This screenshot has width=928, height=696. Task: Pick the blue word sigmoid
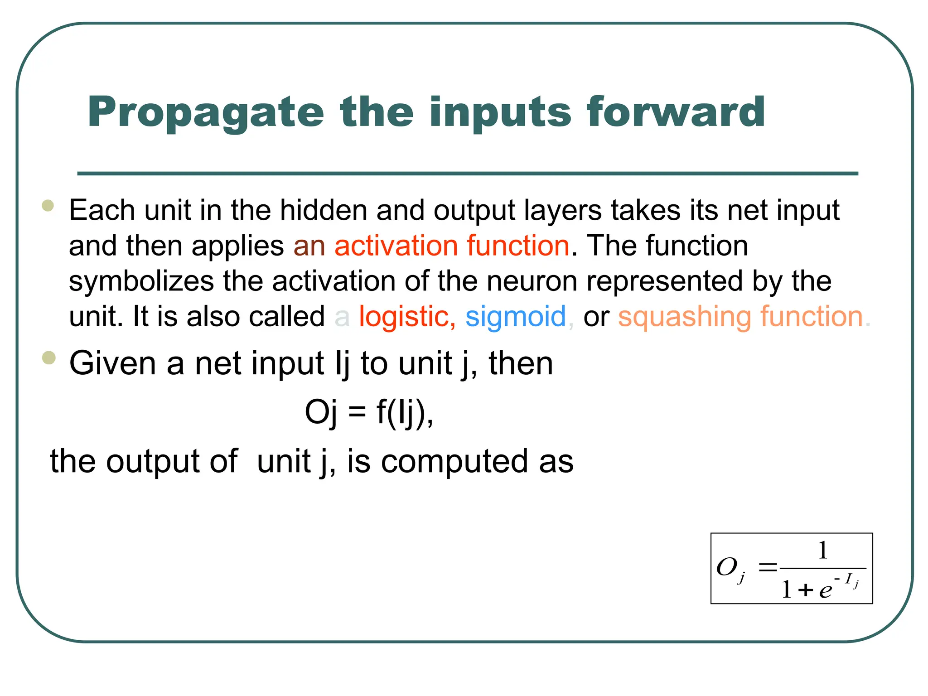coord(516,316)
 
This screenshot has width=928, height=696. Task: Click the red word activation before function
coord(396,246)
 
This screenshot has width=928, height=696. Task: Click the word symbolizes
coord(141,281)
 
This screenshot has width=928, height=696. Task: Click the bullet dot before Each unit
coord(48,206)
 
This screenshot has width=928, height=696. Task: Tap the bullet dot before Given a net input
coord(48,358)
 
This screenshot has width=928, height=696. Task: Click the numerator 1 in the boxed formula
coord(822,551)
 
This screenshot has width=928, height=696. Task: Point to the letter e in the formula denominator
coord(825,590)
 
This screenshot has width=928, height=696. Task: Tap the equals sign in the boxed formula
coord(767,567)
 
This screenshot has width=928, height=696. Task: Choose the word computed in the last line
coord(455,462)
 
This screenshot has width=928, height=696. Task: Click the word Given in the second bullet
coord(113,363)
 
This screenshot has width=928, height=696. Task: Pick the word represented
coord(665,281)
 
